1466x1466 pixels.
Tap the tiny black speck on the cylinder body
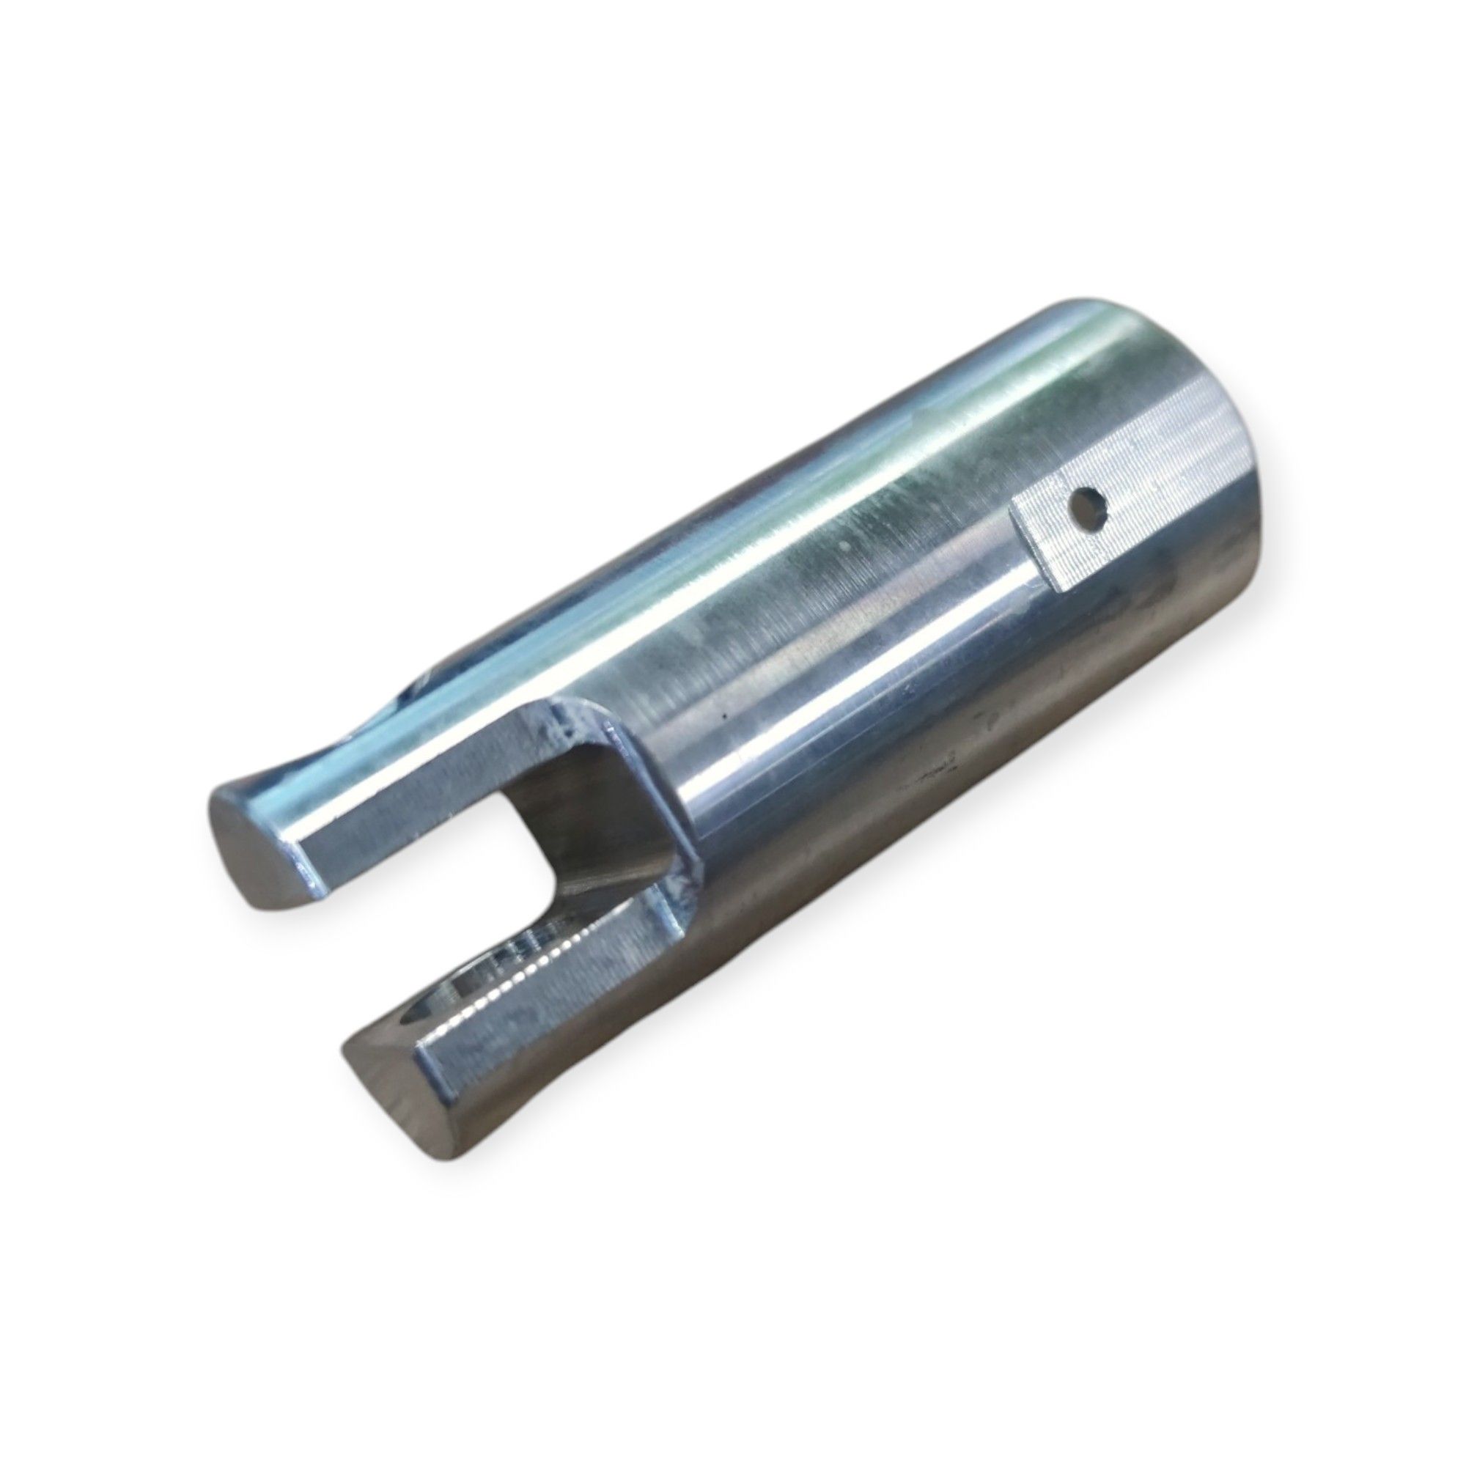tap(726, 715)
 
